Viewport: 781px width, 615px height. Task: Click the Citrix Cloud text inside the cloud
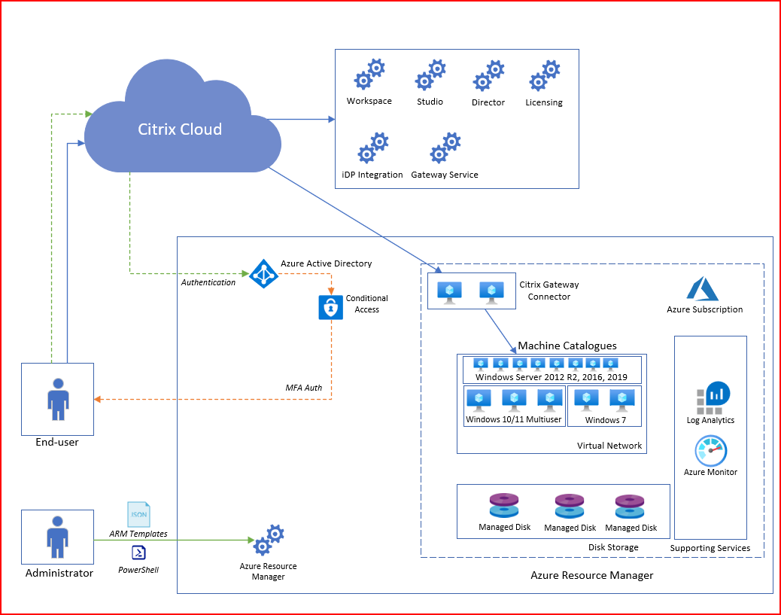180,129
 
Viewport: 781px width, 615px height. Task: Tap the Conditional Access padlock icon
331,307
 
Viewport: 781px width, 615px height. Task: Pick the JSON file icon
138,514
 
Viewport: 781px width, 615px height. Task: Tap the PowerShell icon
138,553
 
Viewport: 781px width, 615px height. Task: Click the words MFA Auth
304,388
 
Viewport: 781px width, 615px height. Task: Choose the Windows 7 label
605,420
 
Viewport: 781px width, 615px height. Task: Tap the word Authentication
208,282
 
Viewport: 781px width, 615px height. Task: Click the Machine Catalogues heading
567,346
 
